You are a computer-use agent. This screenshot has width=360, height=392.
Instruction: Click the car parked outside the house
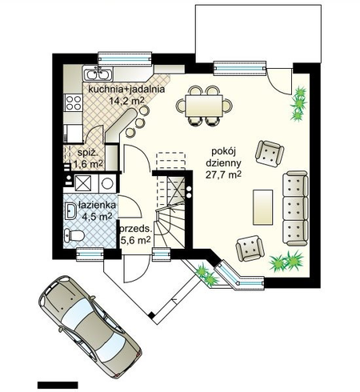point(90,326)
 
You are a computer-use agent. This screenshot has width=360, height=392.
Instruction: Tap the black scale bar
point(58,385)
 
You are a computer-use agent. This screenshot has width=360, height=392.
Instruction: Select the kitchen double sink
point(98,74)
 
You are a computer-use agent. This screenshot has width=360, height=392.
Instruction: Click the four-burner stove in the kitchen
point(74,102)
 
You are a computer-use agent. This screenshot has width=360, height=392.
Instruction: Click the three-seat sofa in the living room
point(295,208)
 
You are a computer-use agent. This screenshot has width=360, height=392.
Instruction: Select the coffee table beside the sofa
point(263,207)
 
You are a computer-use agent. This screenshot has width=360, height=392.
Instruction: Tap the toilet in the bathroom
point(74,235)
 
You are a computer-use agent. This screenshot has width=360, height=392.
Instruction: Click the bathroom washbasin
point(70,211)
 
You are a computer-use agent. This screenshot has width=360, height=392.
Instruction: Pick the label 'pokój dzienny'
point(223,157)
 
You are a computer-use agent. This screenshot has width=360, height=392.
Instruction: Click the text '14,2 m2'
point(126,101)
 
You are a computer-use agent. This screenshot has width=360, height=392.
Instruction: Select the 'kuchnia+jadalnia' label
point(126,89)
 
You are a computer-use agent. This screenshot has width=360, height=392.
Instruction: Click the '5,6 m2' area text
point(135,240)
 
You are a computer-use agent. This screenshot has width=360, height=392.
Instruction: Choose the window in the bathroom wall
point(90,254)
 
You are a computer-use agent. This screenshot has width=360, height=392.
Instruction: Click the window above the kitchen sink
point(125,58)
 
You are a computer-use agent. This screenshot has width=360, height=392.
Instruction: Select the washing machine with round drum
point(108,183)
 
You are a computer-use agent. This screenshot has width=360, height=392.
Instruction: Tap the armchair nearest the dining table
point(270,154)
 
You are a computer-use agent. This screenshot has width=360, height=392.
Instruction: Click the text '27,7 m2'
point(223,175)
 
